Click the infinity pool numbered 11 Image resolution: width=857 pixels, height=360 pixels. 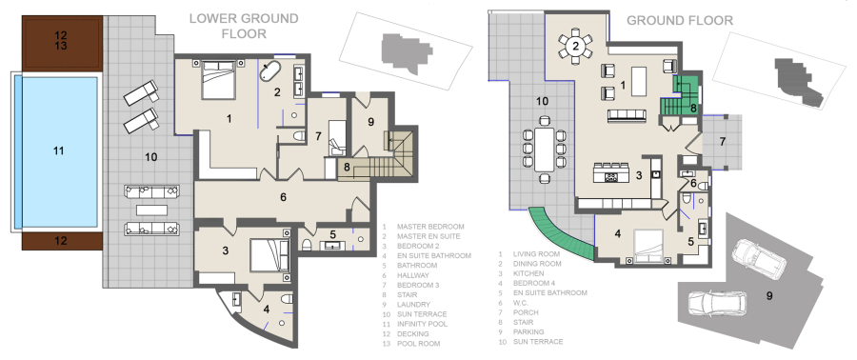coord(59,152)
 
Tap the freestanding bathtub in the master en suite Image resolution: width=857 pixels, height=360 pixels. coord(270,71)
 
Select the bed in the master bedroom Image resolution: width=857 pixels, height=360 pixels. coord(218,80)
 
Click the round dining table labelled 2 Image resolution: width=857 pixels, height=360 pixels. coord(575,47)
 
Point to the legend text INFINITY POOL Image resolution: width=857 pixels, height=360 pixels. coord(422,324)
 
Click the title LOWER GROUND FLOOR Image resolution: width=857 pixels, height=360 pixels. coord(244,26)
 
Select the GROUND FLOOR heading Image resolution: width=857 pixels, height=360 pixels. coord(679,21)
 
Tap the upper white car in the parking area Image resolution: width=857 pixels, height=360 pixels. coord(759,256)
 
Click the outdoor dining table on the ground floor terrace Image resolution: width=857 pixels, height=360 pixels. coord(545,150)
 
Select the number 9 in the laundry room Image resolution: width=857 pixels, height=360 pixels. coord(370,122)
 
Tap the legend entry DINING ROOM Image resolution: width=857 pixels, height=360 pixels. coord(537,264)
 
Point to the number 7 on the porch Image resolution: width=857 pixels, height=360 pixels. coord(722,142)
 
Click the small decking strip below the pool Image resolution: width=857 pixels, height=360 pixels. coord(62,240)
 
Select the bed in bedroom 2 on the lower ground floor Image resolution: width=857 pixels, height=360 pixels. coord(269,255)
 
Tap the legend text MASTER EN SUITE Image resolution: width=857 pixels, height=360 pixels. coord(428,236)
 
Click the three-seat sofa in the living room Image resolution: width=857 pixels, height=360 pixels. coord(627,115)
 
